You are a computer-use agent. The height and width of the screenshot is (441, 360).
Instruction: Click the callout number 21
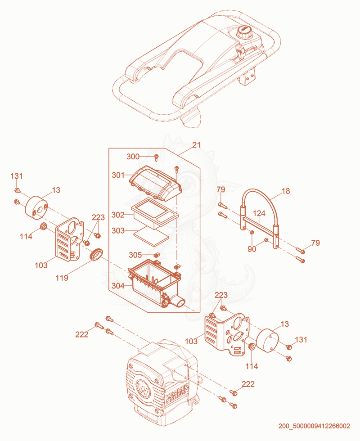(196, 145)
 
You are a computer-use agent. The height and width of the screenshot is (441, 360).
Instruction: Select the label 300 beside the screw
(133, 157)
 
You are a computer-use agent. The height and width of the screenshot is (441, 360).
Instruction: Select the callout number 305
(135, 255)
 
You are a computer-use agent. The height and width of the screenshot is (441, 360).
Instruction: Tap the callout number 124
(259, 213)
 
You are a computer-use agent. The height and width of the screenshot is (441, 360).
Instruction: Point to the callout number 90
(252, 249)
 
